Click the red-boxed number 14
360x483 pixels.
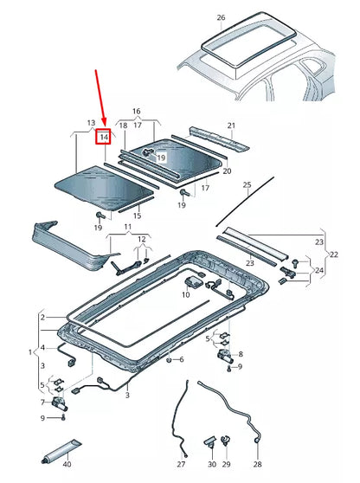point(103,137)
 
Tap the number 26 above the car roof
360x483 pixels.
point(221,17)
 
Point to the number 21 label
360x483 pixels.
point(231,126)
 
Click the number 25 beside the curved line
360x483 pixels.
point(246,185)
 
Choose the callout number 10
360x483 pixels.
point(185,295)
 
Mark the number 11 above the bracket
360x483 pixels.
point(127,227)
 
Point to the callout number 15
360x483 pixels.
point(136,212)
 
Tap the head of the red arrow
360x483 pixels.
point(104,123)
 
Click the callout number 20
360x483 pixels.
point(227,171)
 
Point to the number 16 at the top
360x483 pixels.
point(135,112)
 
